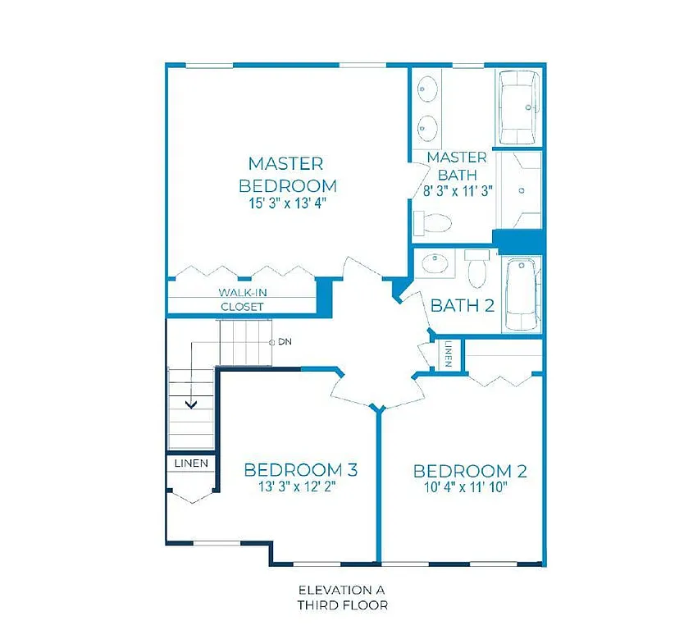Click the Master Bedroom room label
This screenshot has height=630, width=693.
(x=286, y=174)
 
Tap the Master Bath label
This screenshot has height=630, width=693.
(x=457, y=165)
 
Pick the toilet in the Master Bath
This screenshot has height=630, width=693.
(x=434, y=222)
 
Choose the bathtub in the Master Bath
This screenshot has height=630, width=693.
(x=518, y=107)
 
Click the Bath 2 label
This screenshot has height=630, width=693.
(x=462, y=306)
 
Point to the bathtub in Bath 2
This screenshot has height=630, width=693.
(x=520, y=294)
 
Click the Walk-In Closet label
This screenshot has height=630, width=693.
(x=242, y=299)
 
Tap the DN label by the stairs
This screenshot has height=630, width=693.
(x=285, y=341)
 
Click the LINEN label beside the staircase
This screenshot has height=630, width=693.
(x=191, y=463)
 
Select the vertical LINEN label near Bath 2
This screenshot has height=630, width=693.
(x=449, y=354)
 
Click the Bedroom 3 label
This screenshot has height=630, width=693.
(x=300, y=470)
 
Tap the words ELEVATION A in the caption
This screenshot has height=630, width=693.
(x=341, y=590)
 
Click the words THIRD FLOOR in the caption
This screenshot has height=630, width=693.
(x=341, y=605)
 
